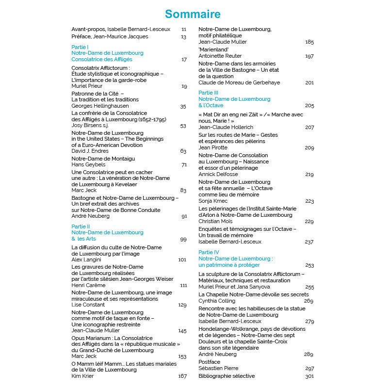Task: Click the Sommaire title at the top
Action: click(193, 14)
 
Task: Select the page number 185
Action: click(309, 42)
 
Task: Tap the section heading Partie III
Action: click(209, 92)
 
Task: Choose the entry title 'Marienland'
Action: click(210, 49)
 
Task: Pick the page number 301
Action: click(309, 376)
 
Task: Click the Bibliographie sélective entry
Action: click(226, 376)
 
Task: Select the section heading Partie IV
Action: click(209, 252)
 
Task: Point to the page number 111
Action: click(183, 286)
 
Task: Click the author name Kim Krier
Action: click(82, 376)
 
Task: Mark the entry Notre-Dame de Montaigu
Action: click(103, 159)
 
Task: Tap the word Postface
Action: click(210, 362)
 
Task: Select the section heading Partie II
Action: click(81, 226)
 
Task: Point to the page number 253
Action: click(309, 265)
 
